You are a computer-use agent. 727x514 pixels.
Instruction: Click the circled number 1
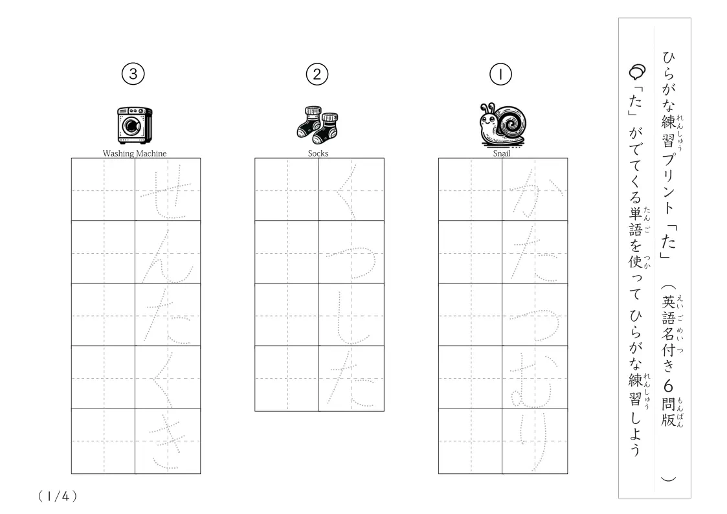[500, 74]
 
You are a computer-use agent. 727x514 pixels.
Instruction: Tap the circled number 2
[317, 74]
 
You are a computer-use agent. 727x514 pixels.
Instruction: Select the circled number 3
[133, 74]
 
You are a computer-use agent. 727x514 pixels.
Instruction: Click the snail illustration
[502, 125]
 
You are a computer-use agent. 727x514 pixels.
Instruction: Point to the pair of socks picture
[318, 125]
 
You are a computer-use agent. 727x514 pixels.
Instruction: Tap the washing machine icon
[135, 125]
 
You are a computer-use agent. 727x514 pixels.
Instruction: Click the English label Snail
[501, 153]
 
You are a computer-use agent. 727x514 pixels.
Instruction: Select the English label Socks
[318, 153]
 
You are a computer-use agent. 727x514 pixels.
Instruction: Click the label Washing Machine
[135, 153]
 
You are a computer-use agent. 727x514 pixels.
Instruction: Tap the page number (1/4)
[57, 497]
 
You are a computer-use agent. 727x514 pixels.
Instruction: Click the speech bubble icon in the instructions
[637, 71]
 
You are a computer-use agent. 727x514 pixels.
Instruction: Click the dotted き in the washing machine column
[167, 443]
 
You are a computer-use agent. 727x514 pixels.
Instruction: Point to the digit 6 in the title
[667, 386]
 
